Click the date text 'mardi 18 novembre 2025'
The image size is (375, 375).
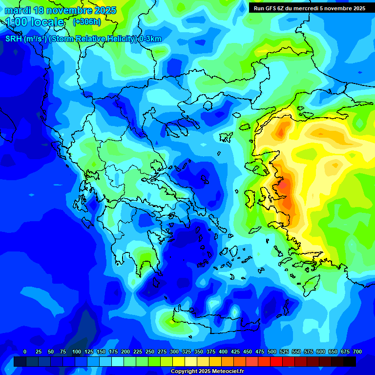tap(61, 10)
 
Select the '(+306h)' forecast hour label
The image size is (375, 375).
tap(87, 22)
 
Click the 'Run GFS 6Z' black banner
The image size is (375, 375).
tap(310, 8)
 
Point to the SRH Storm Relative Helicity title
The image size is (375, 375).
tap(83, 39)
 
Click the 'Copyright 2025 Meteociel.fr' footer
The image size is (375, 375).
tap(208, 372)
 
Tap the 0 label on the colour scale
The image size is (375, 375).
tap(25, 352)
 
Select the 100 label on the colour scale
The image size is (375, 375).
tap(77, 352)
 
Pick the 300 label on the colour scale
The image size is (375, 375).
tap(174, 352)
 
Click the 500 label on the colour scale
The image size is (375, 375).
tap(272, 352)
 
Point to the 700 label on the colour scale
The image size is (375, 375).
tap(357, 352)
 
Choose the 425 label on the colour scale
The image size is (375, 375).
tap(235, 352)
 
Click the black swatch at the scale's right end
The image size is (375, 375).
tap(350, 361)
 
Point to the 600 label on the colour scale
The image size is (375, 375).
tap(321, 352)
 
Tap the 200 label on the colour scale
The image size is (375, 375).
tap(125, 352)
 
